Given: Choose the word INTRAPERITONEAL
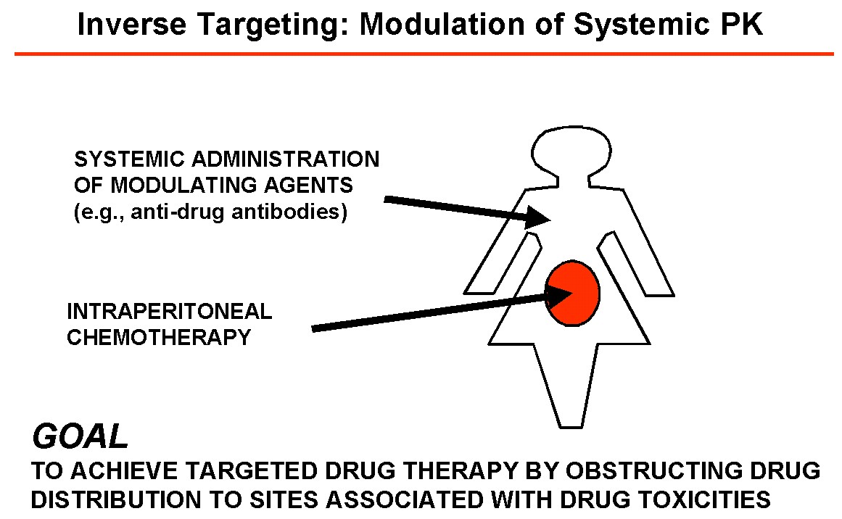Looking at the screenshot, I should [x=170, y=312].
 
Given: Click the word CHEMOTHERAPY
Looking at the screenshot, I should [x=159, y=338].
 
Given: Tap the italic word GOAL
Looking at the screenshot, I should [x=80, y=437].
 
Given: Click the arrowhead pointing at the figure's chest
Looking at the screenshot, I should [x=540, y=216].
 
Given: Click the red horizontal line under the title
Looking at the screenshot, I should [x=424, y=54].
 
